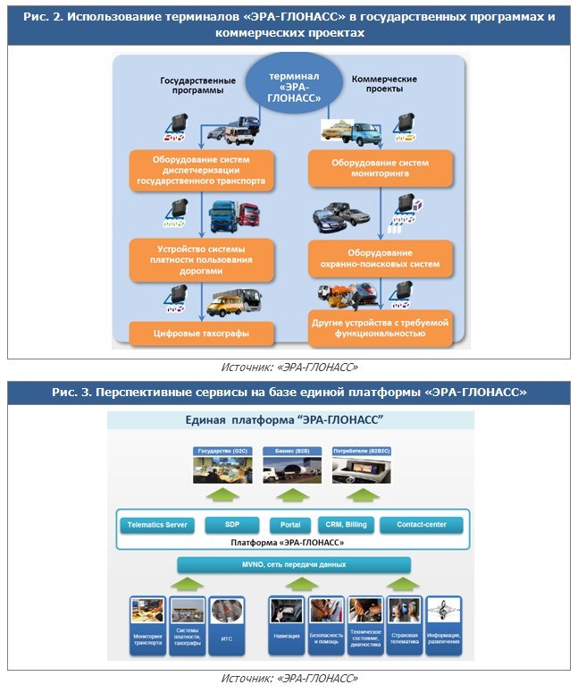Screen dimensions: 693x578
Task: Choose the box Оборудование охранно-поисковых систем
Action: (x=381, y=258)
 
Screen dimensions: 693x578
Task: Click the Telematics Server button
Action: (x=157, y=525)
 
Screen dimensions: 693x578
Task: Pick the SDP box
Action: (x=231, y=525)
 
